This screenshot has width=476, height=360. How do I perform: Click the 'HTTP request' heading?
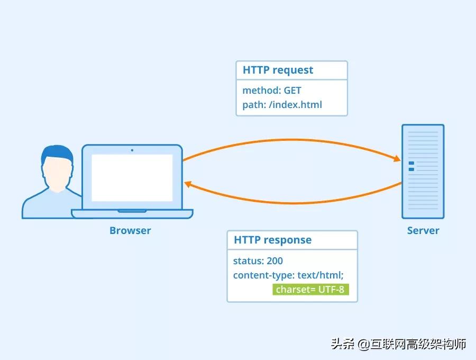click(278, 70)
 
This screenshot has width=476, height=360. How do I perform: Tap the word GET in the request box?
click(292, 91)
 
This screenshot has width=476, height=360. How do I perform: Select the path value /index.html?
click(295, 104)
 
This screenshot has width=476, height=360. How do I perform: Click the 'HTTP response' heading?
click(272, 240)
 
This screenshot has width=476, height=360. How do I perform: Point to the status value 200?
click(274, 260)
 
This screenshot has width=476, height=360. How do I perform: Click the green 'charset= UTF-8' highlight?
click(311, 290)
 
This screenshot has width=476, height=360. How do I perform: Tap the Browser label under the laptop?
click(130, 230)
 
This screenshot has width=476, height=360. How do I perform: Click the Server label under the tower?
click(423, 230)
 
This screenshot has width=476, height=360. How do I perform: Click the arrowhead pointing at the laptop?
click(188, 184)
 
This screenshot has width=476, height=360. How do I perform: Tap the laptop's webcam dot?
click(132, 150)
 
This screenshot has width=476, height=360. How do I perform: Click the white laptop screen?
click(132, 177)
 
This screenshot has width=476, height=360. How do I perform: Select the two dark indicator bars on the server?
click(411, 166)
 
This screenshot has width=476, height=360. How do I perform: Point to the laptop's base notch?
click(132, 211)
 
